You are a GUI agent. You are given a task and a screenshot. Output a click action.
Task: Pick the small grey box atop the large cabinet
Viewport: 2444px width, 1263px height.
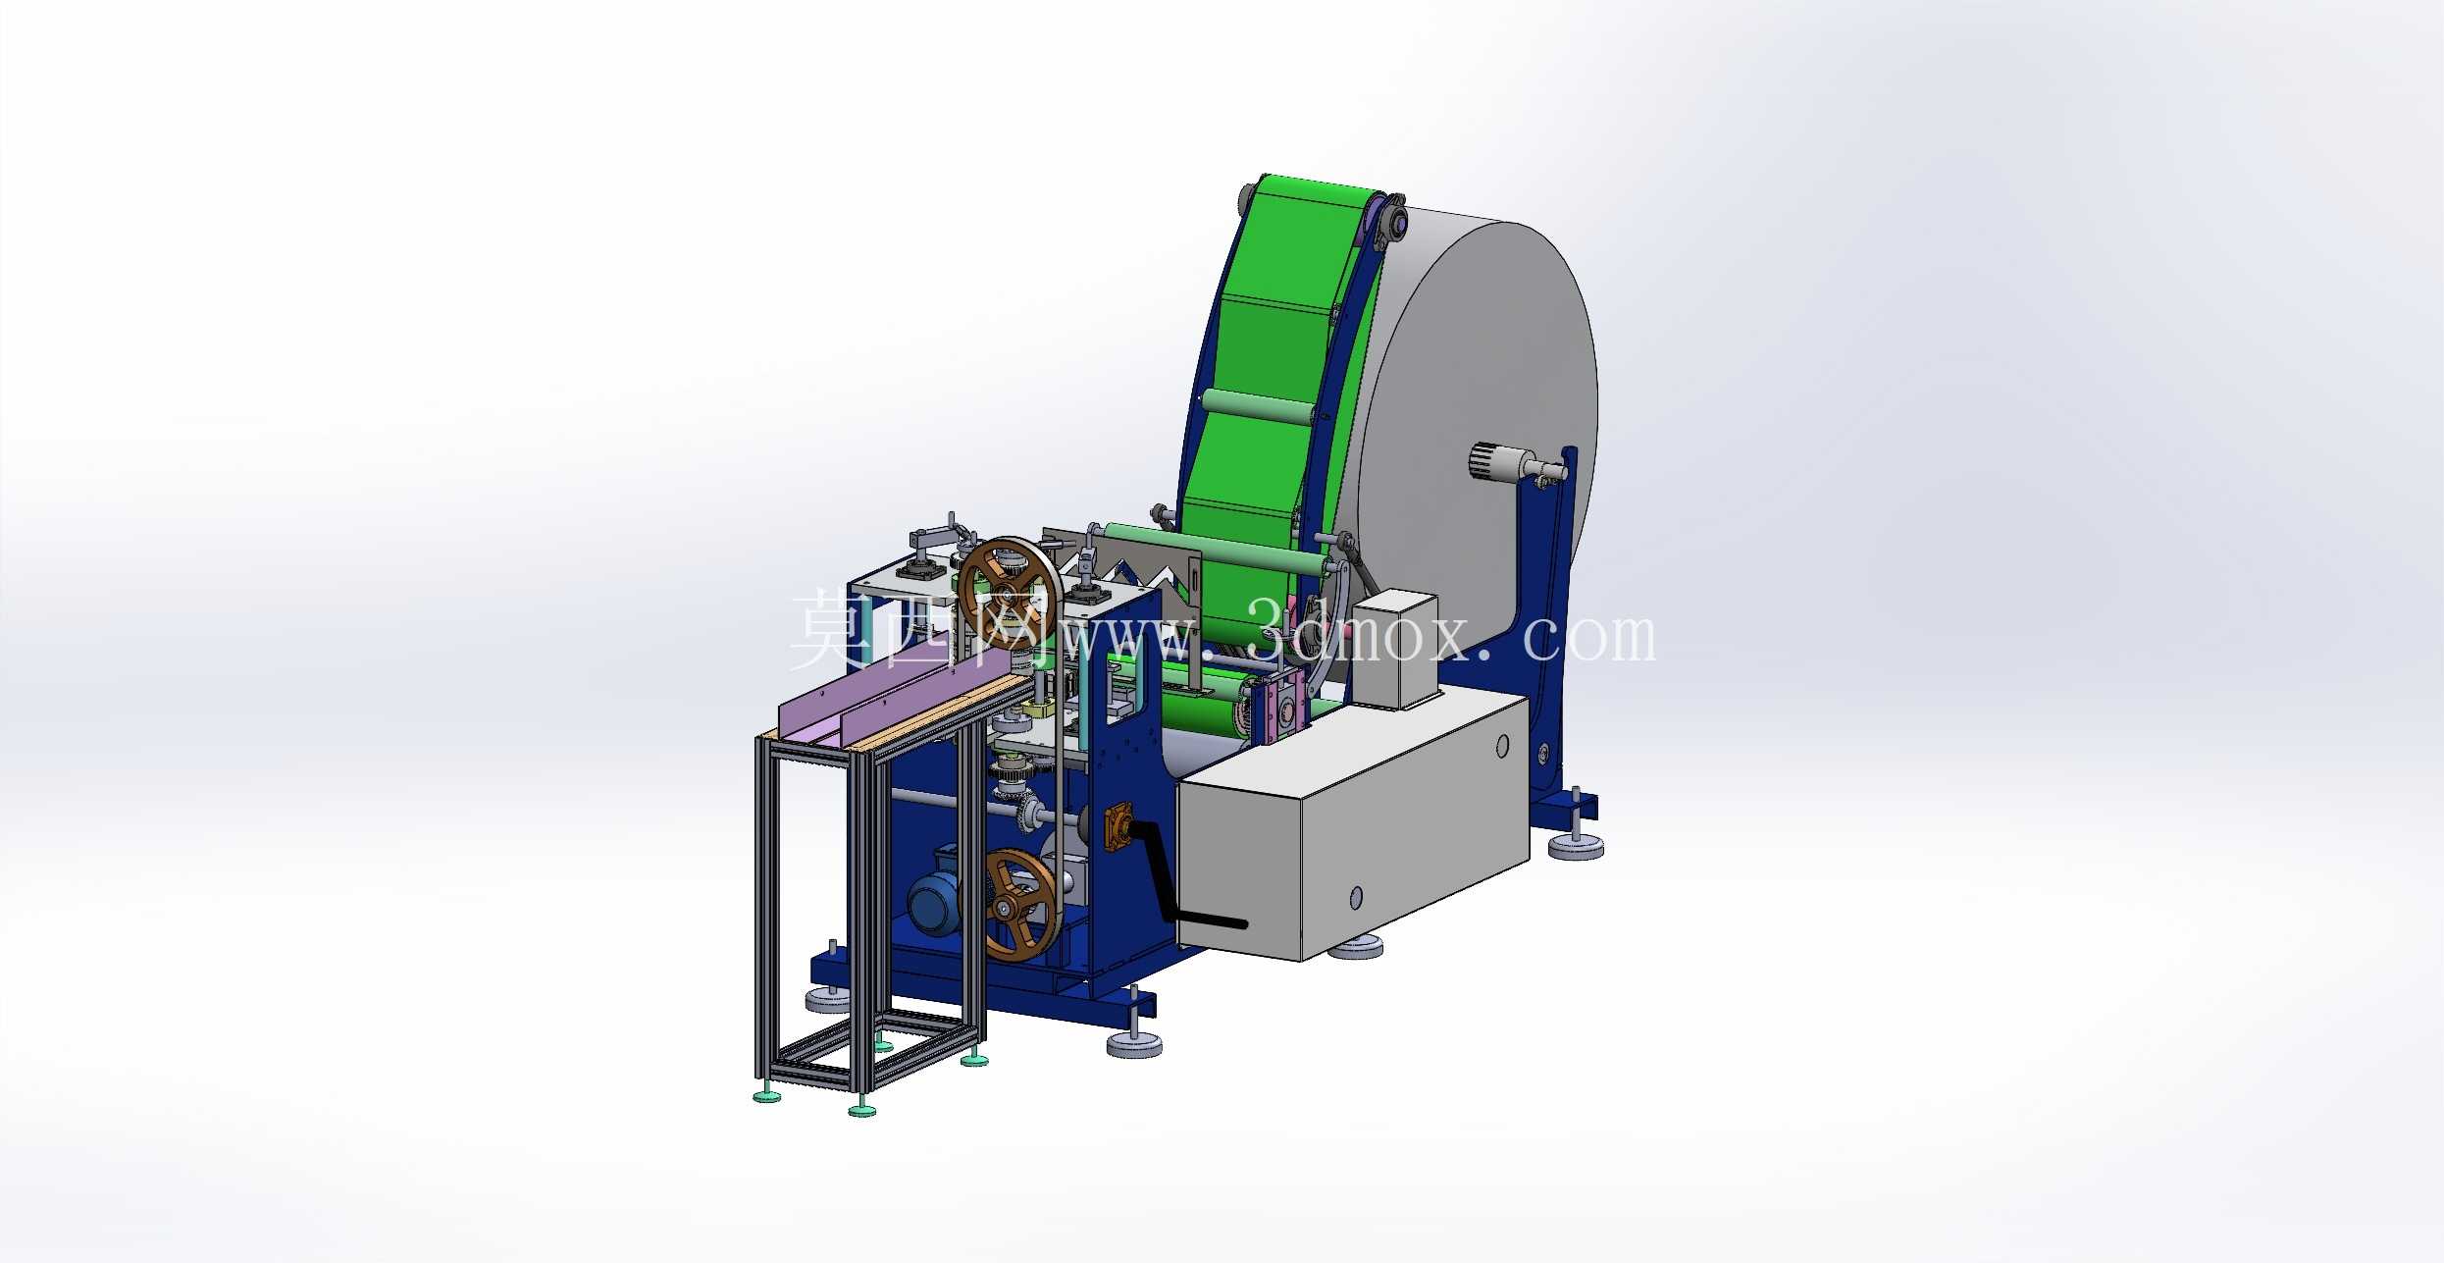pos(1392,648)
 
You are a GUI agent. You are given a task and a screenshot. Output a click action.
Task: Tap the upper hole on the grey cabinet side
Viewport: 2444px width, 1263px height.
pos(1501,747)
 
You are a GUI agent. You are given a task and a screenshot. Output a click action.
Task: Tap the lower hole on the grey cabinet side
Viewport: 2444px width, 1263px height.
pos(1356,896)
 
